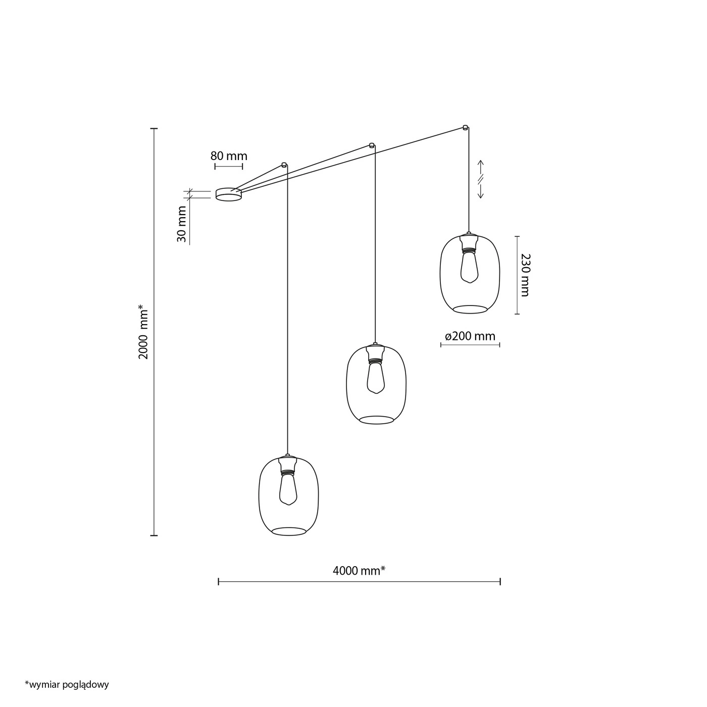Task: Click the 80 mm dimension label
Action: (x=229, y=156)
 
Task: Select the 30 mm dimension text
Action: (x=182, y=224)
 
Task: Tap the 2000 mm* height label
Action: (x=143, y=332)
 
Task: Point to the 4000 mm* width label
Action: (x=359, y=570)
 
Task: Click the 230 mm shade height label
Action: (x=525, y=275)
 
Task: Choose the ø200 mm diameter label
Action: (x=470, y=336)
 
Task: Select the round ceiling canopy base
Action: (x=229, y=194)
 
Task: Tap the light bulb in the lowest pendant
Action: (x=288, y=490)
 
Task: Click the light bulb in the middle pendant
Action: (x=376, y=378)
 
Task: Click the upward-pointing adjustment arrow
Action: (x=481, y=167)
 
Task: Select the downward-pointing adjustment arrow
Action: (x=480, y=191)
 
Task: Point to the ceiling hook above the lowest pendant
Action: (x=284, y=164)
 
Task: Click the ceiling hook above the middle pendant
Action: (x=372, y=145)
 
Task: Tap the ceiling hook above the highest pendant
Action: (x=465, y=127)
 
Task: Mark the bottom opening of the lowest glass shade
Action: (x=289, y=532)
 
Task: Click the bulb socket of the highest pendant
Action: (x=469, y=243)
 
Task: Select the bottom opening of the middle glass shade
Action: (x=376, y=420)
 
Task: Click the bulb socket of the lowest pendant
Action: (x=288, y=465)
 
